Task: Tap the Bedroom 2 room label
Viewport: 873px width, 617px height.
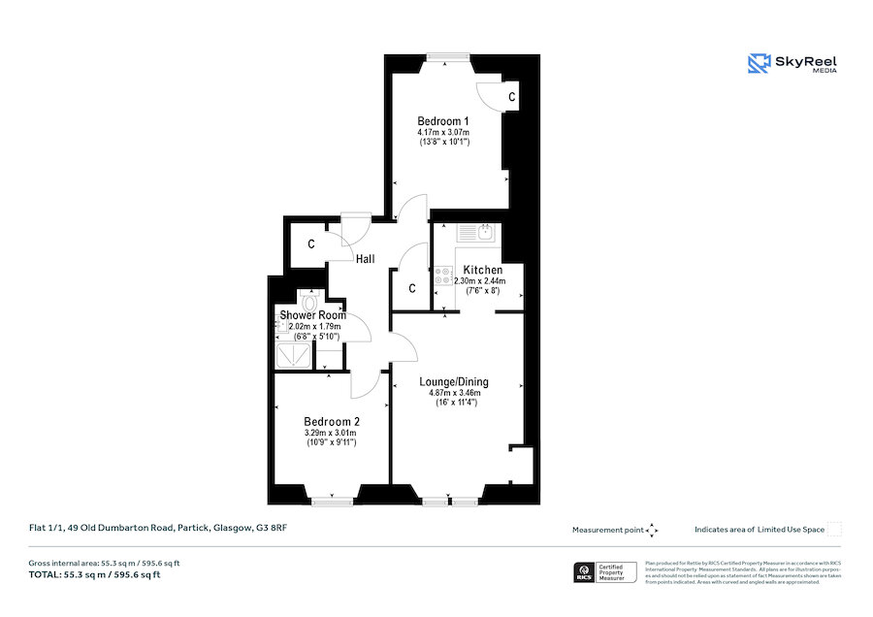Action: (x=331, y=421)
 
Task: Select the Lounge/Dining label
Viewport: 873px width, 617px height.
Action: (x=454, y=381)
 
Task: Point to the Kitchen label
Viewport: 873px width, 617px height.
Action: (x=482, y=269)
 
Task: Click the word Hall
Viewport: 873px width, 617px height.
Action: (x=366, y=259)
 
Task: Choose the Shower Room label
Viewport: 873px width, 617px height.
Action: (x=313, y=315)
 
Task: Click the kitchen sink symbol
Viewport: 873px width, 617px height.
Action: (x=476, y=232)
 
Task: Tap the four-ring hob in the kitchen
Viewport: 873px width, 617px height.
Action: (x=444, y=276)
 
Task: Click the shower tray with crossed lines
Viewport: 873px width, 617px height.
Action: (x=294, y=356)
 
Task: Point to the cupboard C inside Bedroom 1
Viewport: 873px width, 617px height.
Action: (x=510, y=98)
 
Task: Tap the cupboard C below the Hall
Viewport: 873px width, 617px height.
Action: (x=411, y=288)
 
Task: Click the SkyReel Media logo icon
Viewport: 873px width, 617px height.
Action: (x=758, y=64)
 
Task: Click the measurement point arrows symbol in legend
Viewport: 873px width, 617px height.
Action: (x=652, y=530)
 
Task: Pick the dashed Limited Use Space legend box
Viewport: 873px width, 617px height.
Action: (x=834, y=529)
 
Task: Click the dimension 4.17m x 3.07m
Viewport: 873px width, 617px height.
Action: (x=443, y=132)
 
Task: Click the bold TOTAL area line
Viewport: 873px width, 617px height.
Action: (x=95, y=574)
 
